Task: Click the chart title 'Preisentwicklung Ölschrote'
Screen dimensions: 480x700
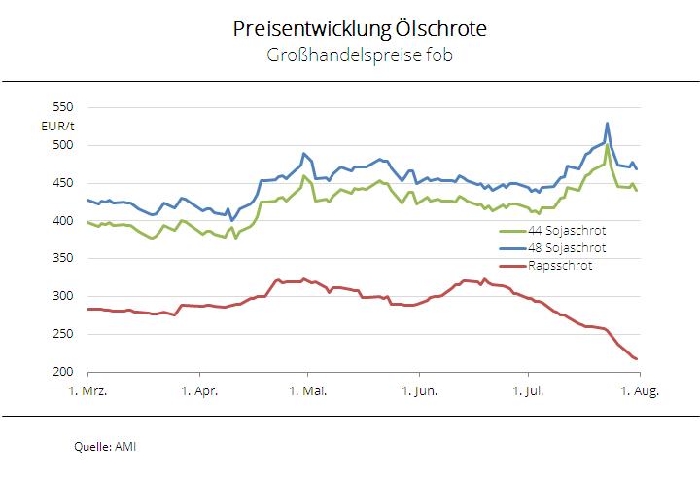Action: click(360, 29)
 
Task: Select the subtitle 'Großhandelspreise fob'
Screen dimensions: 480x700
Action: click(360, 55)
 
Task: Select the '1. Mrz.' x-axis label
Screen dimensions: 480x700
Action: click(88, 391)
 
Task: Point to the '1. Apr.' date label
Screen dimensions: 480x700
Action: click(198, 391)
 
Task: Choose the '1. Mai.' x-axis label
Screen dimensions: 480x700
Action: click(308, 391)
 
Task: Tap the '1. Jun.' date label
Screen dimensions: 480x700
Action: click(419, 391)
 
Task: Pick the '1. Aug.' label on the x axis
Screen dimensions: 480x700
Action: click(639, 391)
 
